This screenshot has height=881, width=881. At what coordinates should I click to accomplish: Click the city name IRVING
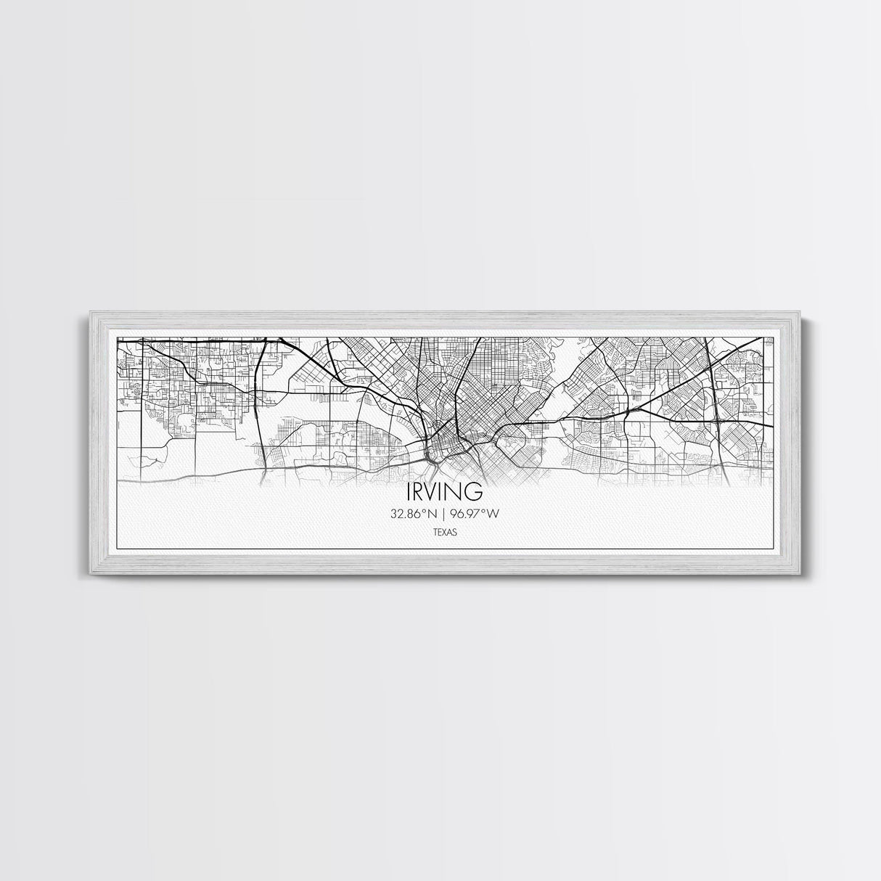tap(440, 491)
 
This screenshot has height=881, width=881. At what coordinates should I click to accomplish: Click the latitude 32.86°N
tap(411, 515)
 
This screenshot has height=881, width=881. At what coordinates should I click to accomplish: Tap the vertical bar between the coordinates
tap(440, 515)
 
